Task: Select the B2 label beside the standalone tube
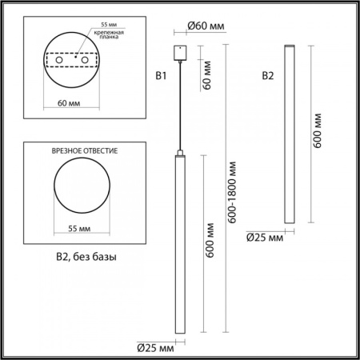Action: click(x=268, y=77)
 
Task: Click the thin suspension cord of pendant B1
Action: click(x=179, y=104)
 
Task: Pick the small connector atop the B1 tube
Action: click(x=179, y=151)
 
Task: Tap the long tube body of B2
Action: click(x=286, y=136)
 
